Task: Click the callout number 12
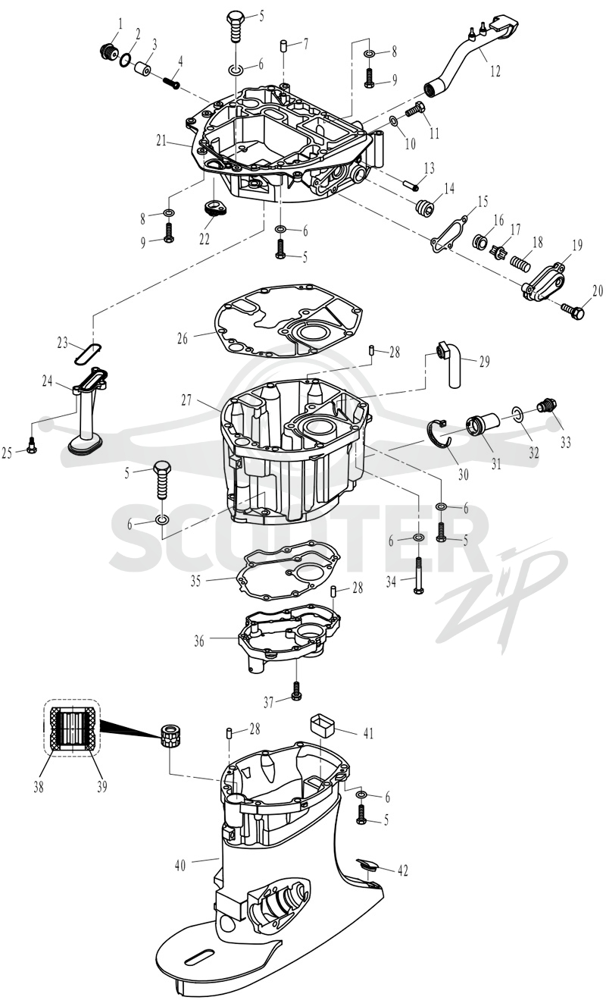495,71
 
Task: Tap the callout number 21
161,141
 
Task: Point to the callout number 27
186,400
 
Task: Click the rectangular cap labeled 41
322,728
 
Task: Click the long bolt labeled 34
419,575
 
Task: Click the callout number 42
402,870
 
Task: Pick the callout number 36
199,641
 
